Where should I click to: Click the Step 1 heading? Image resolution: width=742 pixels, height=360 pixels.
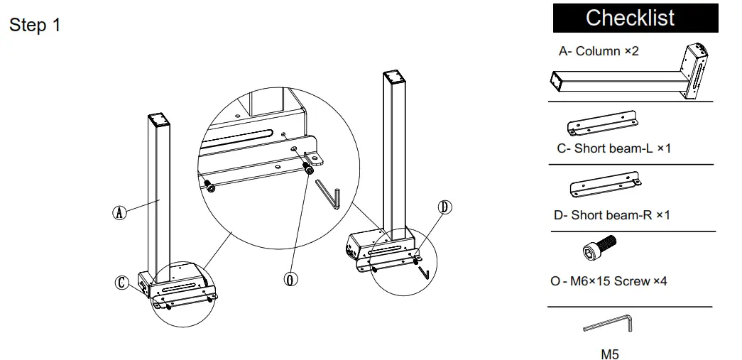click(35, 26)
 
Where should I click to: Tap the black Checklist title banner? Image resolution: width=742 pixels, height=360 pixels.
click(635, 18)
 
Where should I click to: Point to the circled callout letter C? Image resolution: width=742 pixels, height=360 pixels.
click(122, 283)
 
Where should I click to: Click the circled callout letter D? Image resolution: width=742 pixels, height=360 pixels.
click(444, 207)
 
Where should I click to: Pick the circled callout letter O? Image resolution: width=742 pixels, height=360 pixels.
click(290, 278)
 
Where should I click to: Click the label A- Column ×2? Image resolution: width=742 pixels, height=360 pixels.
click(599, 51)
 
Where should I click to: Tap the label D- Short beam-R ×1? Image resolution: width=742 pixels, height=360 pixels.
click(611, 214)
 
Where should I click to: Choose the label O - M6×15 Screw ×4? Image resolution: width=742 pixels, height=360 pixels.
click(609, 281)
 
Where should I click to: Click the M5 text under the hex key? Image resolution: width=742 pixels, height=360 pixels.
click(610, 354)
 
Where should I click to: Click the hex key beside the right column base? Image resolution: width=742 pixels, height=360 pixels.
click(423, 271)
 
